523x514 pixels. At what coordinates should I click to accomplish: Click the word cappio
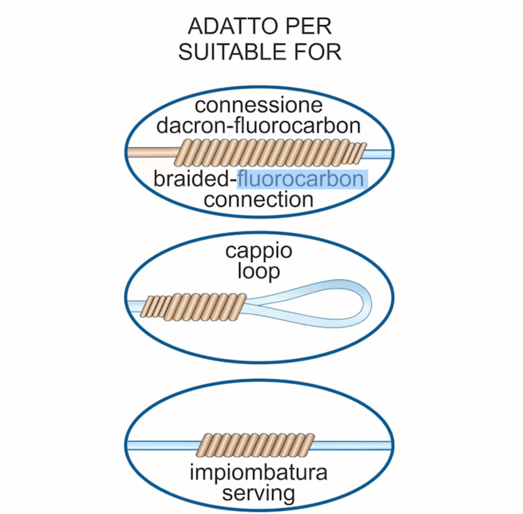[x=259, y=252]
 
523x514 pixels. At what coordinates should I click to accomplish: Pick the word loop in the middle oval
[x=259, y=272]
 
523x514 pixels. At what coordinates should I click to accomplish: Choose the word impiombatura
[x=259, y=470]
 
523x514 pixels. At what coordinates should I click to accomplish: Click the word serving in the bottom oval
[x=259, y=491]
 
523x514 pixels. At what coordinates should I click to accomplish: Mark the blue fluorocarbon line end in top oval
[x=377, y=152]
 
